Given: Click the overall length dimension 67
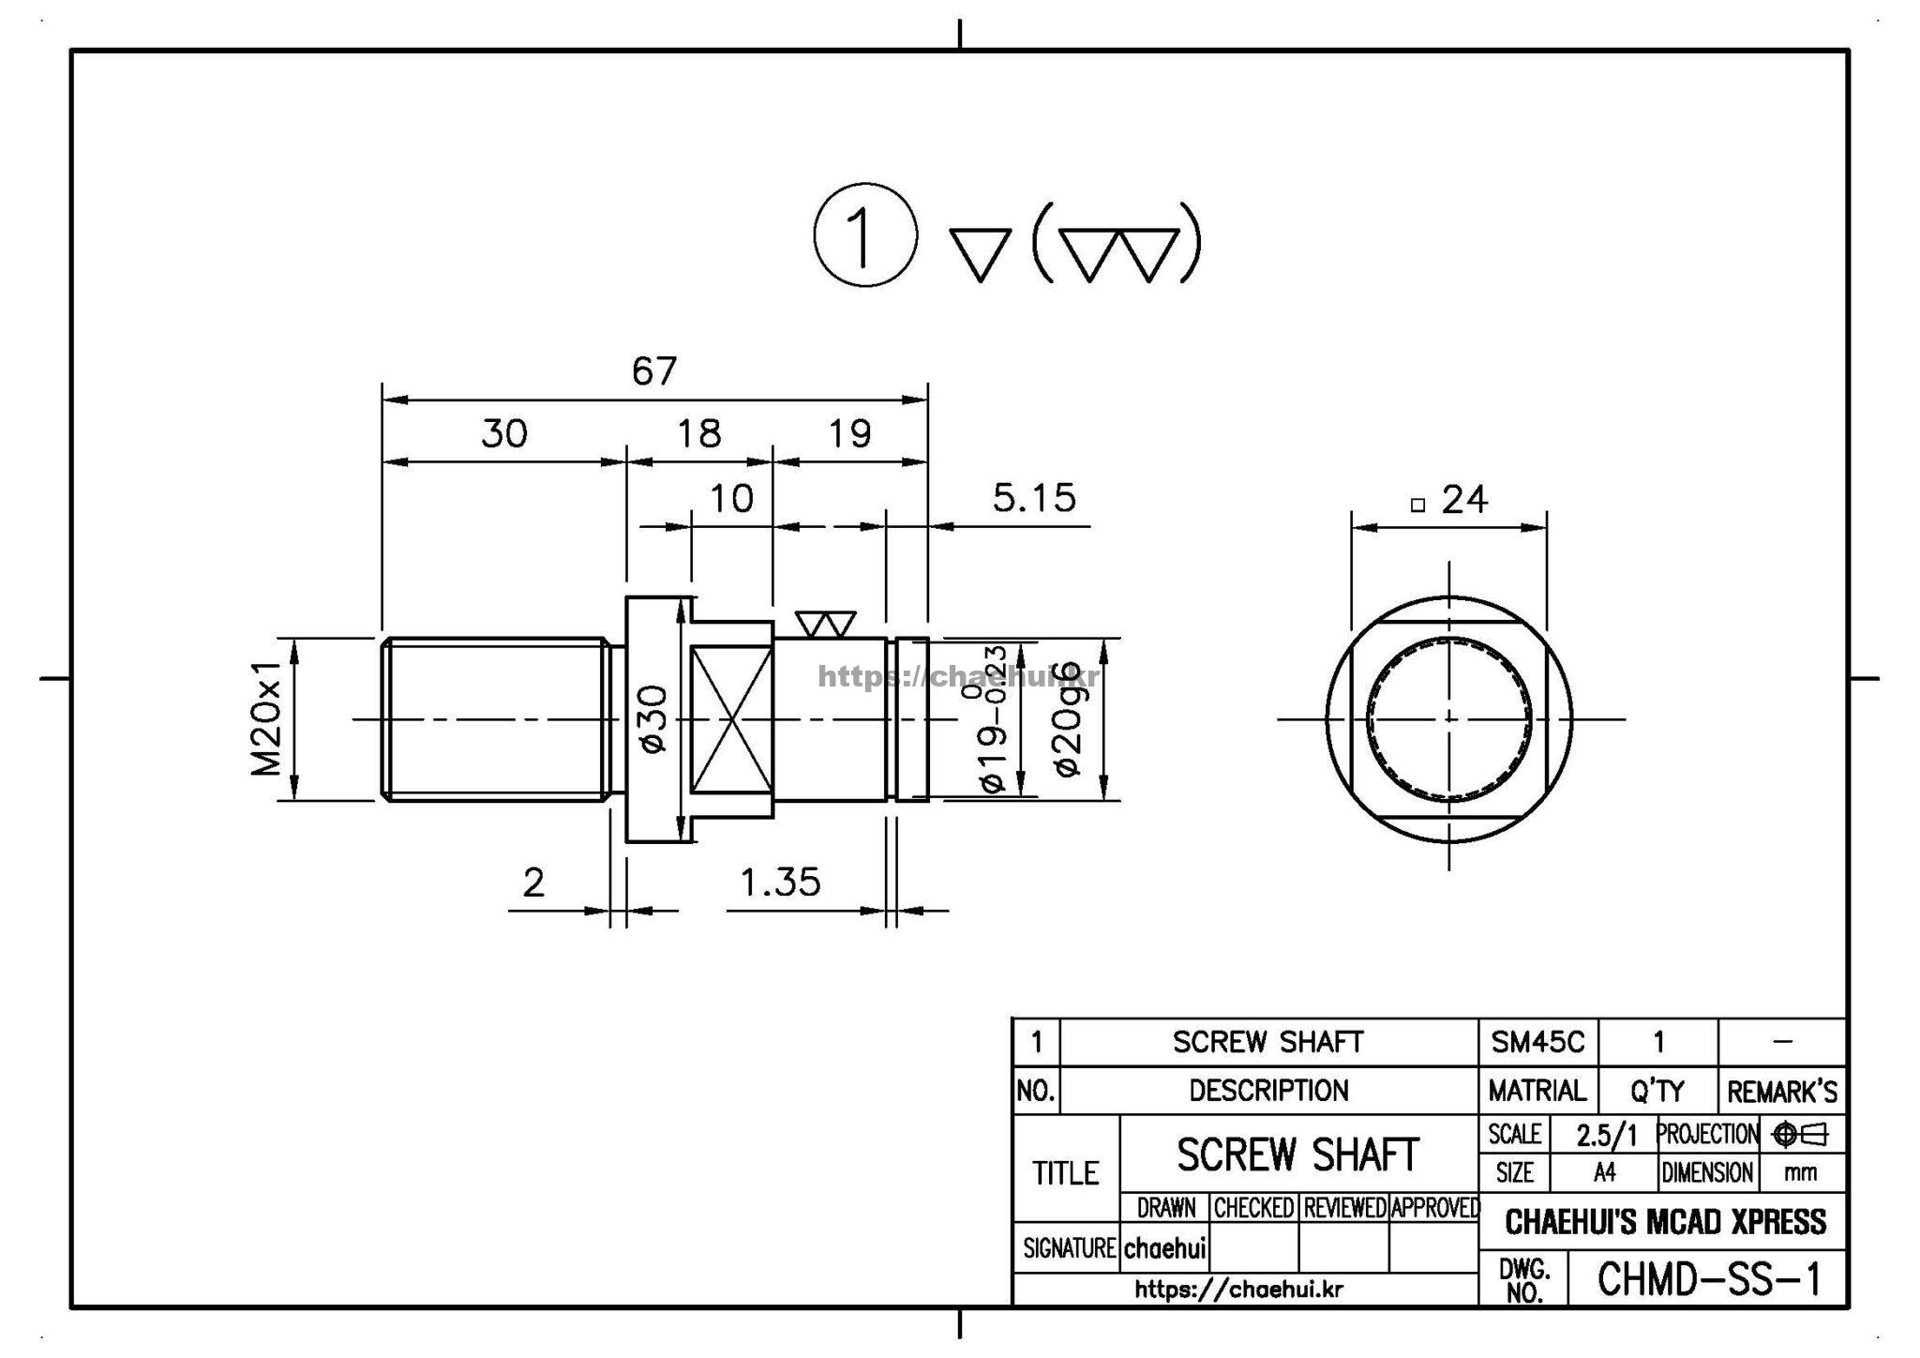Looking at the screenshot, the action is click(x=653, y=371).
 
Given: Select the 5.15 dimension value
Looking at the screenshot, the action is click(x=1034, y=498).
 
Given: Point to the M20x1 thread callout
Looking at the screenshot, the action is click(x=266, y=718).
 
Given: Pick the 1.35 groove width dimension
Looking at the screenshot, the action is click(x=780, y=883).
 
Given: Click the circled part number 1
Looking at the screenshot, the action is click(x=864, y=234).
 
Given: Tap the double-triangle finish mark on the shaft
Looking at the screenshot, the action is click(x=826, y=625).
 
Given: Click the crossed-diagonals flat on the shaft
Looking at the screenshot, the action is click(x=731, y=718).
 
